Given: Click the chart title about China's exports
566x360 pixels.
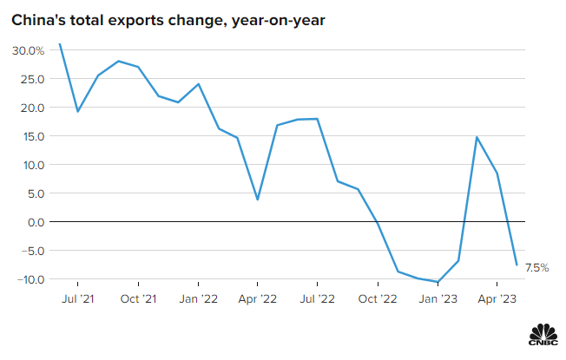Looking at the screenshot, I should click(x=168, y=20).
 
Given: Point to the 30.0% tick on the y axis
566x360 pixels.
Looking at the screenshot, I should click(x=28, y=50).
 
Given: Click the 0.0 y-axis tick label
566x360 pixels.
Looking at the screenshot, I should click(x=35, y=222).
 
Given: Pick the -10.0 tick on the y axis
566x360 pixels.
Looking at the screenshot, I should click(x=30, y=279).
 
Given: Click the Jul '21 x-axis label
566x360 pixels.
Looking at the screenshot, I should click(x=78, y=300).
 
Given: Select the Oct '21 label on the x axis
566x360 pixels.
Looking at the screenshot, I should click(x=138, y=300).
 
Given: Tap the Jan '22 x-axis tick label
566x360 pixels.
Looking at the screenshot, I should click(x=198, y=300).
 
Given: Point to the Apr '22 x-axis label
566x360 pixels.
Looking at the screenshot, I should click(x=257, y=300).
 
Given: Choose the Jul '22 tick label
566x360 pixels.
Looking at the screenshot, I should click(x=317, y=300).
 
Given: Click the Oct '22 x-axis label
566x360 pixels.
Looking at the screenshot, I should click(x=377, y=300).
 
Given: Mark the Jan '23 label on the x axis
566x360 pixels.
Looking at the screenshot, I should click(x=438, y=300).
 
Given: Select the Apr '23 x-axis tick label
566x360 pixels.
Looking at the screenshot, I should click(x=497, y=300).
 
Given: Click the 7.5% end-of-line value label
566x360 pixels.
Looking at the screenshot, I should click(x=537, y=268).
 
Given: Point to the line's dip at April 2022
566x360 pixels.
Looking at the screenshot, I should click(x=258, y=200).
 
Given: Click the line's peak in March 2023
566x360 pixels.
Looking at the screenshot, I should click(x=477, y=137).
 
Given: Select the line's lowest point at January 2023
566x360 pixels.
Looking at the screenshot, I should click(x=438, y=282).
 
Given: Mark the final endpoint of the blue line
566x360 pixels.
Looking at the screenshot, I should click(x=517, y=265).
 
